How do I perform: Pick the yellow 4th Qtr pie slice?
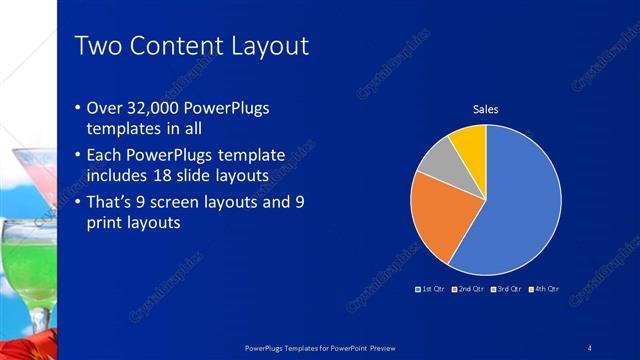click(x=469, y=143)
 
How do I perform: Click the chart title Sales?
click(x=485, y=109)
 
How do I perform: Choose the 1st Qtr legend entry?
click(x=430, y=289)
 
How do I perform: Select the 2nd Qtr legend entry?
click(x=469, y=289)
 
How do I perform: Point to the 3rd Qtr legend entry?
click(x=505, y=289)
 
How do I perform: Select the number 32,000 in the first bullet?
click(x=158, y=108)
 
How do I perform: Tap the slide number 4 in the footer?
click(x=589, y=347)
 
